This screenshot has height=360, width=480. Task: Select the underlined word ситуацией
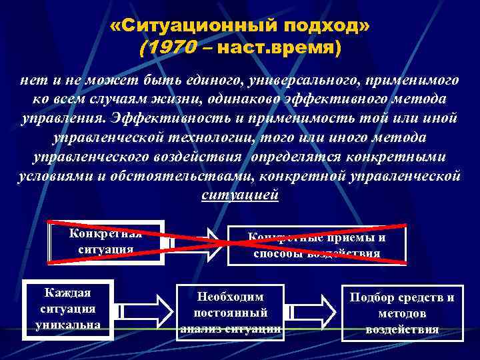pyautogui.click(x=239, y=195)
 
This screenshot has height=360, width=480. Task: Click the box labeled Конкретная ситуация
pyautogui.click(x=107, y=241)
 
